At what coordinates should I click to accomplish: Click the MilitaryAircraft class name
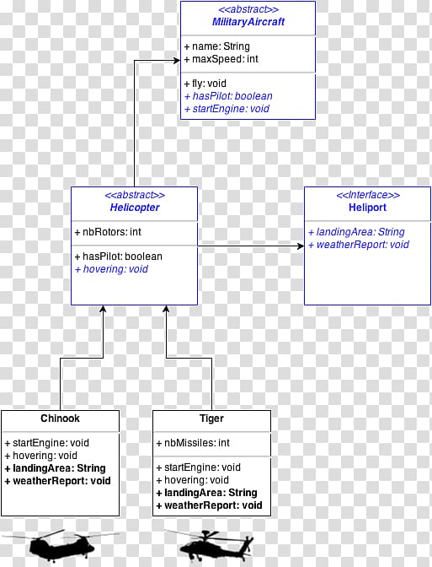tap(248, 22)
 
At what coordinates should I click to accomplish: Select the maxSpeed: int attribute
tap(221, 59)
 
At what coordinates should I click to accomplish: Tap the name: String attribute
tap(217, 46)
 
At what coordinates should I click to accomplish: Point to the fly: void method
tap(205, 84)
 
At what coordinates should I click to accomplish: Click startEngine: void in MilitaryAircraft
tap(227, 109)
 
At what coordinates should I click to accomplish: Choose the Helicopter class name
tap(135, 208)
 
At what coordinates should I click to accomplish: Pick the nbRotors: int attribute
tap(108, 232)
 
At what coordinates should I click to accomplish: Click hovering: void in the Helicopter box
tap(111, 269)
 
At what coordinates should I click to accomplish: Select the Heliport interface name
tap(367, 208)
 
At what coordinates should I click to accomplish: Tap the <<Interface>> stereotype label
tap(368, 195)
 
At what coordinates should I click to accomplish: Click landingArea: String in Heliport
tap(356, 232)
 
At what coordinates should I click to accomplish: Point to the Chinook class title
tap(60, 418)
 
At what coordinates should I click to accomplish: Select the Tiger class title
tap(211, 418)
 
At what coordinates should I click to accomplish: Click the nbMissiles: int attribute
tap(193, 443)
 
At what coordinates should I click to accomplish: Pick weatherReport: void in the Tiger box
tap(210, 505)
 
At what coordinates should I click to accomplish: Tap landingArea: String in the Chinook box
tap(56, 468)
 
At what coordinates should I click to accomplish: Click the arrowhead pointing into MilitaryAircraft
tap(177, 61)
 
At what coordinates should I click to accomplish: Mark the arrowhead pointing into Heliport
tap(301, 246)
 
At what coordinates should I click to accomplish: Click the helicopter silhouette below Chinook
tap(61, 546)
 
